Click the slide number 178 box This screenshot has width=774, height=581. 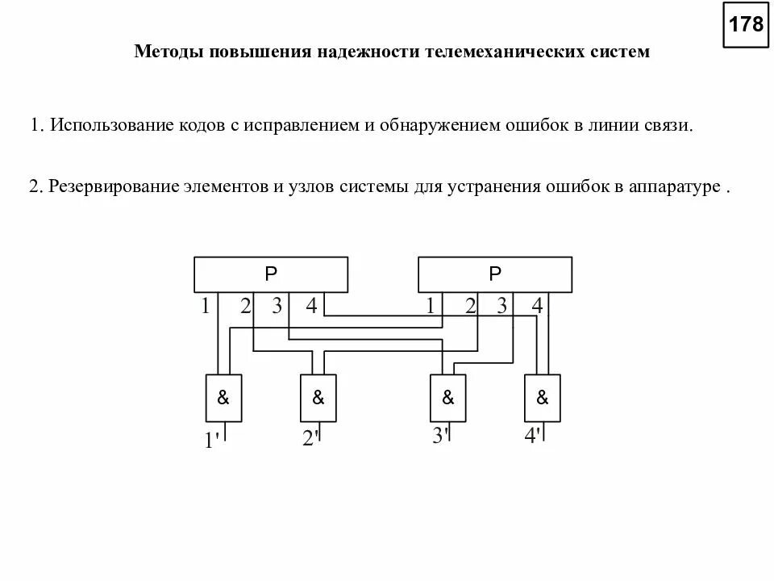pos(746,24)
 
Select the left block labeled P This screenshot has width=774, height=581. pos(271,274)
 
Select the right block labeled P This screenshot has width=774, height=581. pos(495,274)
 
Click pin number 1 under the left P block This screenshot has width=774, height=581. pos(206,306)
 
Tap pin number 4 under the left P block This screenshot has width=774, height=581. pos(311,306)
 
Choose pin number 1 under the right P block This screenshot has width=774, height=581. pos(431,306)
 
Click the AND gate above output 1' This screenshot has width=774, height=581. pos(224,398)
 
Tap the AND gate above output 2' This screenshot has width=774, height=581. pos(318,398)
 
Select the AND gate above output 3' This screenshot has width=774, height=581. pos(448,398)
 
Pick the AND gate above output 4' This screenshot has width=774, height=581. pos(543,398)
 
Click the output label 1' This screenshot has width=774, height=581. pos(212,441)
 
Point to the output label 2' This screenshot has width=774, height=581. pos(310,439)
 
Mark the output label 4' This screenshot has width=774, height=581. pos(532,437)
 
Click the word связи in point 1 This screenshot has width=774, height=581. pos(668,126)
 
